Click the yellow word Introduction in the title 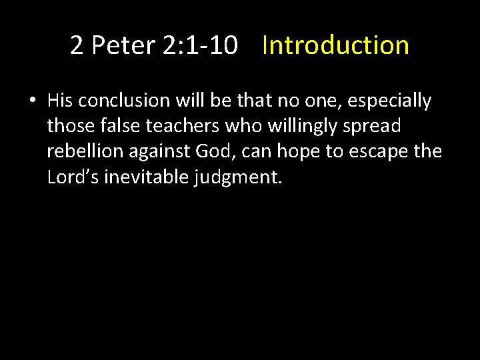tap(335, 45)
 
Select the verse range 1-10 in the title tap(215, 45)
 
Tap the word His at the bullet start tap(60, 101)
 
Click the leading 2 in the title tap(77, 45)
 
